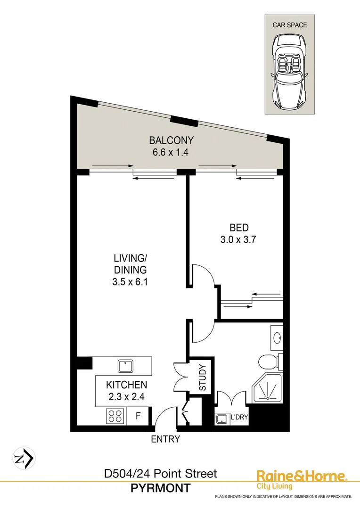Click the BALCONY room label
(172, 140)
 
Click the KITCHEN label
(126, 385)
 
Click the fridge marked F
(139, 417)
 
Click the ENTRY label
(165, 439)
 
